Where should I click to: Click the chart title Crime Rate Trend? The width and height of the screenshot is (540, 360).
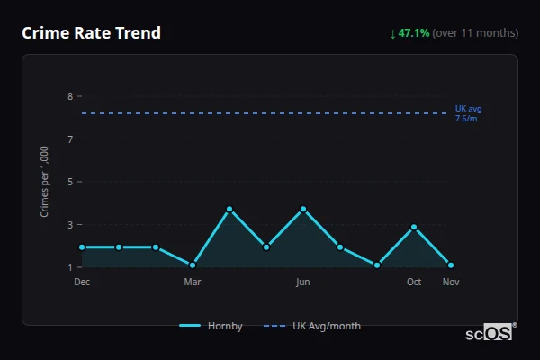(91, 33)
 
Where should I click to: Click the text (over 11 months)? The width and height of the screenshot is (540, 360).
(475, 33)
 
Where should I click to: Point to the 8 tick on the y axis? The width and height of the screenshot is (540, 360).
(69, 96)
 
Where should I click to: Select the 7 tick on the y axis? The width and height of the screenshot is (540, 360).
(69, 139)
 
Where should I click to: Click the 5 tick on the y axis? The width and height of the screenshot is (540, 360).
(69, 182)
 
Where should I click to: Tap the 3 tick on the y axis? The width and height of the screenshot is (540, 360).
(69, 225)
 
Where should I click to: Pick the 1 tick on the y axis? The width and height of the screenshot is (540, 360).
(69, 267)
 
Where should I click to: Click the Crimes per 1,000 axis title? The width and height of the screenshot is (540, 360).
(45, 181)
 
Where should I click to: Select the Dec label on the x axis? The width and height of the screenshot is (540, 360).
(82, 282)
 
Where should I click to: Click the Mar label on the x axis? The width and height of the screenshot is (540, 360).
(193, 282)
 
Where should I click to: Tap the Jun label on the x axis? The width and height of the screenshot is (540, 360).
(303, 282)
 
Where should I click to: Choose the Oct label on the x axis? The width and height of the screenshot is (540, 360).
(414, 282)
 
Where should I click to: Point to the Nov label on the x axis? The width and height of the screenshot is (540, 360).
(451, 282)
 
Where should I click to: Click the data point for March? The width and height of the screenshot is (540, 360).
(193, 265)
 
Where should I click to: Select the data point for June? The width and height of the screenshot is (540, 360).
(303, 209)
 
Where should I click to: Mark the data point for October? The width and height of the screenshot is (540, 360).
(414, 228)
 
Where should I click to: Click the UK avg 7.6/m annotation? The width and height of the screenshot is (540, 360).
(468, 113)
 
